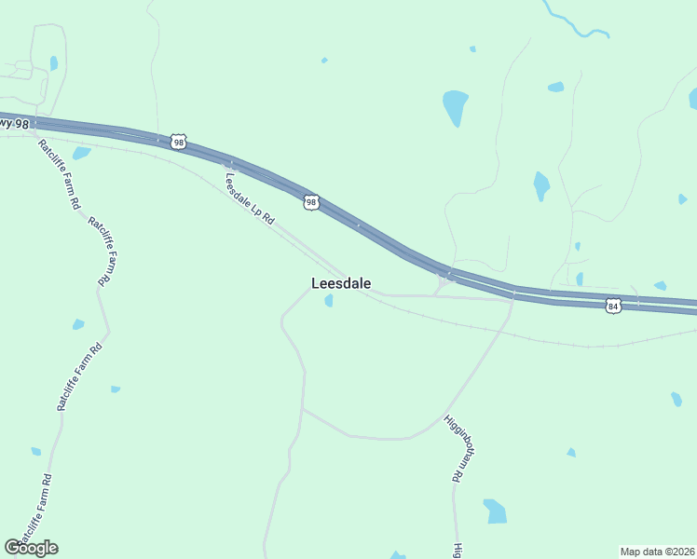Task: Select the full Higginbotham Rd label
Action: click(453, 448)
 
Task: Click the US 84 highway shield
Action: click(612, 306)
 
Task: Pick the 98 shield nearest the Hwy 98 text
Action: click(178, 142)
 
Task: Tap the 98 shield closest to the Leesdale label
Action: click(311, 202)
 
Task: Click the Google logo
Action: click(31, 548)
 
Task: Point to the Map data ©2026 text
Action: click(657, 551)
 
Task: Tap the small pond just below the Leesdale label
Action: click(329, 300)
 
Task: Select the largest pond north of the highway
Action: click(455, 106)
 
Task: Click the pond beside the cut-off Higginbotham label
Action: click(495, 511)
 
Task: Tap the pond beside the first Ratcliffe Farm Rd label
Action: click(81, 153)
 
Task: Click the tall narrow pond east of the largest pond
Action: click(540, 185)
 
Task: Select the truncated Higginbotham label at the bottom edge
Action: click(458, 551)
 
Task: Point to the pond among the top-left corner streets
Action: click(53, 63)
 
